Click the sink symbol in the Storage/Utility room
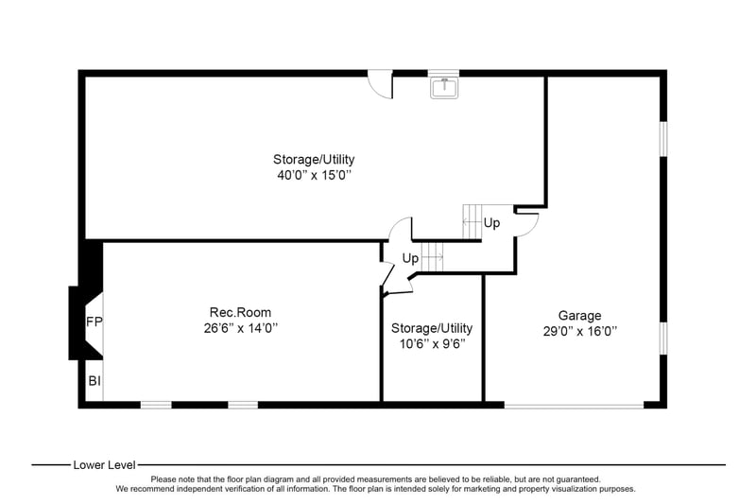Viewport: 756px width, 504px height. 444,88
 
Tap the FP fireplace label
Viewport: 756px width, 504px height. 94,322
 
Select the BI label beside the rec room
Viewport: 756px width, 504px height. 94,381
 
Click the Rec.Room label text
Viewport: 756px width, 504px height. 240,313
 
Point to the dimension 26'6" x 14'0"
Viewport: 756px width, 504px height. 241,328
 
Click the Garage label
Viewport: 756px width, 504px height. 579,316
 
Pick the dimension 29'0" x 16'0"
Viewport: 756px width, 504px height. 580,332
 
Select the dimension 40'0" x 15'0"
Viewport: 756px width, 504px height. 314,175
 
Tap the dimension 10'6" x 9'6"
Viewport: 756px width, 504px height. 432,344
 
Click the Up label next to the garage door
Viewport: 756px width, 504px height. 491,223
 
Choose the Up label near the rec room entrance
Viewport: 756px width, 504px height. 410,258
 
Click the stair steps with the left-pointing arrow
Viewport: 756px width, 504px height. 472,222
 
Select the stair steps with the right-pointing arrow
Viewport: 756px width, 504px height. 432,257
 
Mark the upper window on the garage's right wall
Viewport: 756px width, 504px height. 663,139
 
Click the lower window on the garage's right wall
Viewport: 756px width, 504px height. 663,339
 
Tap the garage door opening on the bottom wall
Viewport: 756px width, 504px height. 574,406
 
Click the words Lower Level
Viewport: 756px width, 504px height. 104,465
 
